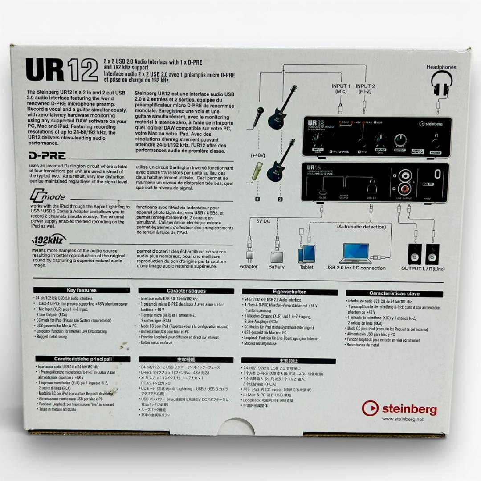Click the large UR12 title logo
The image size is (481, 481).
pos(62,69)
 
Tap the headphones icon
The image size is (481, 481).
pos(441,83)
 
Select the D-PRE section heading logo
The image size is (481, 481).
pos(47,156)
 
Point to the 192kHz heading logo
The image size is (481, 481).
pos(49,240)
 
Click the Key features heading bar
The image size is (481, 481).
pos(82,290)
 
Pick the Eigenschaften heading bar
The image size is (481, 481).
pos(289,292)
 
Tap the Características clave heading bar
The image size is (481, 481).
pos(394,293)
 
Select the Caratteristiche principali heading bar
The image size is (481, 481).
pos(83,359)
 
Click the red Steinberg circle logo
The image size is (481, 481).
pos(370,408)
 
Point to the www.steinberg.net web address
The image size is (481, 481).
pos(403,419)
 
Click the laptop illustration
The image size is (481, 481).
pos(355,253)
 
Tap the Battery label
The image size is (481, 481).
pos(276,267)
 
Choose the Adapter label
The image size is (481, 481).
pos(249,267)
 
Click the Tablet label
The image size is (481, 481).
pos(306,267)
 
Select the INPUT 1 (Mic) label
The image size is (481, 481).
pos(341,89)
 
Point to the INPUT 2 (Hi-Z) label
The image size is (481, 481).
pos(365,89)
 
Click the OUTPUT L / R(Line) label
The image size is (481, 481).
pos(423,269)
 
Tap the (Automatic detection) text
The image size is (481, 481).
pos(361,227)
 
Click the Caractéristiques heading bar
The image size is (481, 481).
pos(186,291)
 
